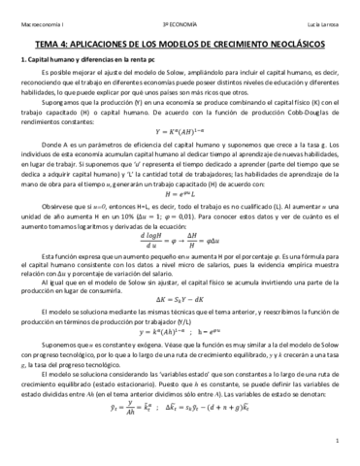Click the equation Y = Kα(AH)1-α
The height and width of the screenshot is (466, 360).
(180, 132)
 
